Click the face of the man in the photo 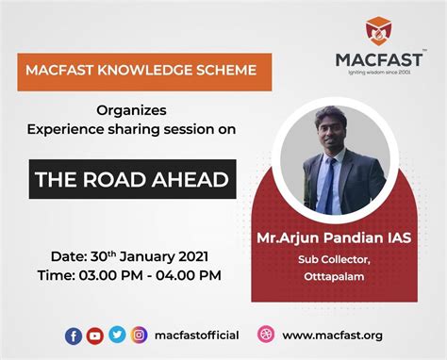pyautogui.click(x=329, y=135)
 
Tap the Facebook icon pyautogui.click(x=74, y=335)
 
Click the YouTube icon pyautogui.click(x=95, y=335)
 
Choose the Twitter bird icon pyautogui.click(x=117, y=335)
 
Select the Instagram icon pyautogui.click(x=139, y=335)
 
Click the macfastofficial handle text pyautogui.click(x=197, y=335)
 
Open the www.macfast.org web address pyautogui.click(x=333, y=335)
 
